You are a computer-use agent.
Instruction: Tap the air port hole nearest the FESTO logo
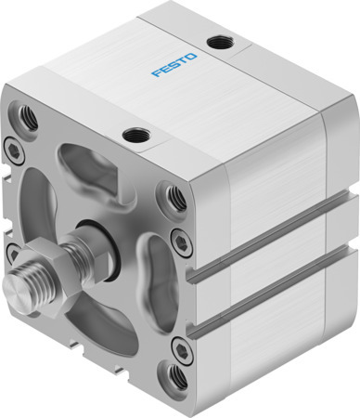[220, 42]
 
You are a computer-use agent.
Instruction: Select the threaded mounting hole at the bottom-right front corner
[174, 374]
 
